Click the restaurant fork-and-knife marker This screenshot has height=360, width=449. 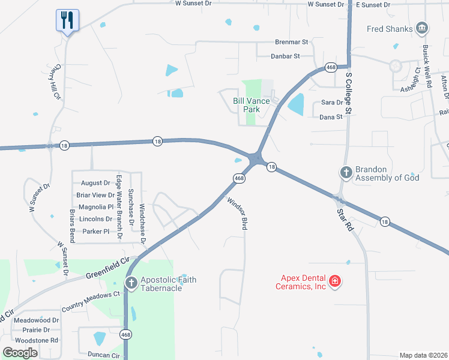coord(67,20)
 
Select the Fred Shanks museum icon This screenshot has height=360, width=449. coord(422,28)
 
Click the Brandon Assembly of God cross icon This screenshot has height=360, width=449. coord(346,173)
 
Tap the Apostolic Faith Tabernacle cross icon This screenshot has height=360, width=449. coord(131,282)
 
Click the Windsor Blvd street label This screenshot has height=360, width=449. coord(237,214)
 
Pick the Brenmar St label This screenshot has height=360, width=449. coord(291,43)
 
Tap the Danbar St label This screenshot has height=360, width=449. coord(287,56)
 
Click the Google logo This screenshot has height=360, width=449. coord(20,352)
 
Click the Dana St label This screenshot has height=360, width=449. coord(331,117)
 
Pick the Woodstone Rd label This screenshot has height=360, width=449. coord(37,340)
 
